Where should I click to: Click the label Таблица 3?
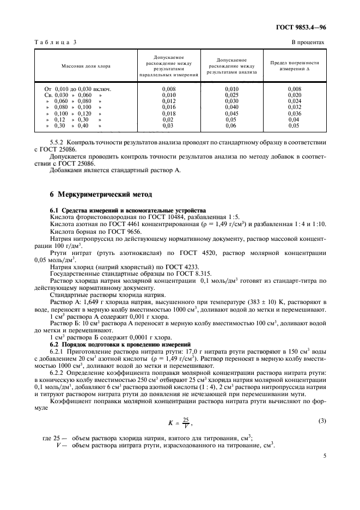click(x=56, y=42)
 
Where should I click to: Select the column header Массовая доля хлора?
click(x=86, y=66)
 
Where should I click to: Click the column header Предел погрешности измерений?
click(x=294, y=66)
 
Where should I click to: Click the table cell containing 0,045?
click(x=233, y=113)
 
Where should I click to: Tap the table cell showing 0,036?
click(x=294, y=113)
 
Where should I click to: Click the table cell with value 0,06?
click(x=233, y=125)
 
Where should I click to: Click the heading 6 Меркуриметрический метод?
click(x=93, y=195)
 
